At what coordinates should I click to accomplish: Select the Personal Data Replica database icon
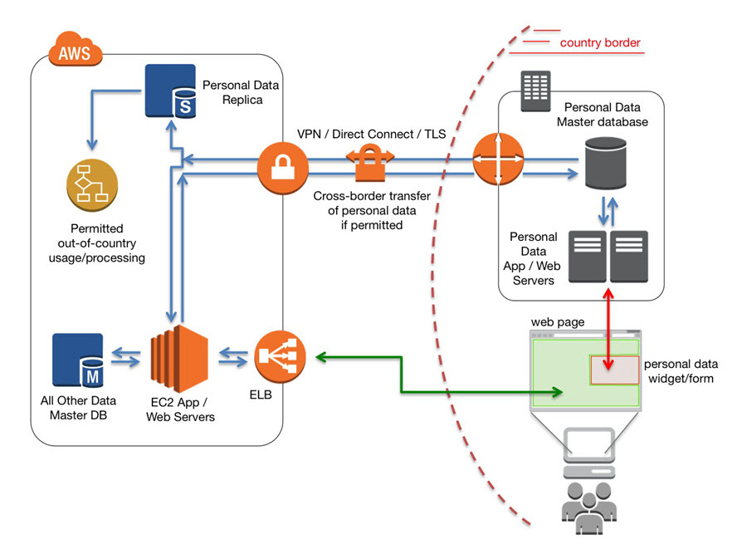[169, 91]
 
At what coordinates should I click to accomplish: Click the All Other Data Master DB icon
[77, 360]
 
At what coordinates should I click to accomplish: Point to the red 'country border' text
[600, 43]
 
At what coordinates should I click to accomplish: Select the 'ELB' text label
[261, 395]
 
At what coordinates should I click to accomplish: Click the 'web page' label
[556, 321]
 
